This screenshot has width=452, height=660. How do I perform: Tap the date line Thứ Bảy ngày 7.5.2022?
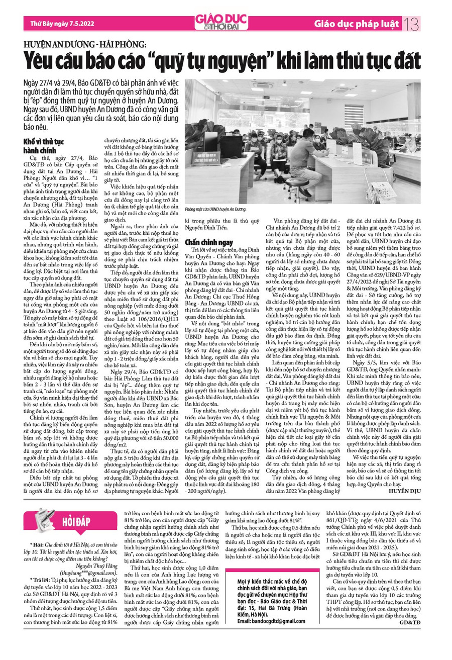click(59, 23)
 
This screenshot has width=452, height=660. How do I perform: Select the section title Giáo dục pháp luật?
click(361, 23)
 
